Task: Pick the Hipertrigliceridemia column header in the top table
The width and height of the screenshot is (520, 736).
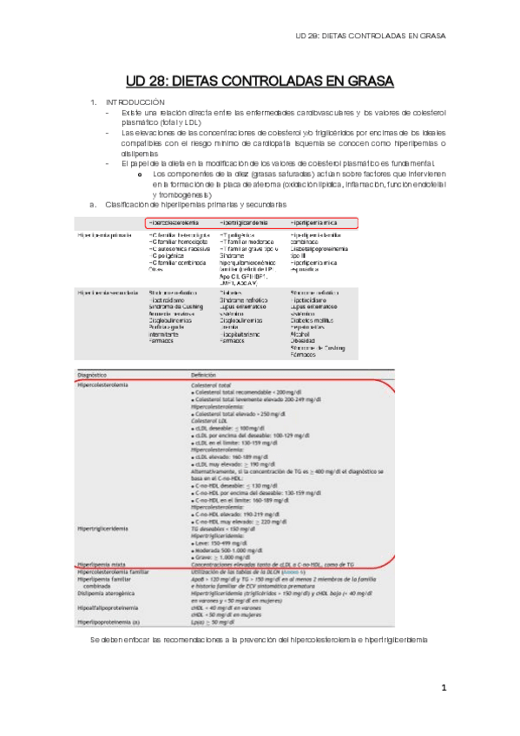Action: (x=250, y=223)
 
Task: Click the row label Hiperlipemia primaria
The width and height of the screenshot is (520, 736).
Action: (x=105, y=235)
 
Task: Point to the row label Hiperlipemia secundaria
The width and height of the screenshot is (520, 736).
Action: (x=108, y=293)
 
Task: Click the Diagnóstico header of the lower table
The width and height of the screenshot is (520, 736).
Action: (x=97, y=375)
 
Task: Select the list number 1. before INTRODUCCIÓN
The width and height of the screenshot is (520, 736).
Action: (x=94, y=102)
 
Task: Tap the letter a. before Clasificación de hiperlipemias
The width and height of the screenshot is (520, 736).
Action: (x=93, y=205)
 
